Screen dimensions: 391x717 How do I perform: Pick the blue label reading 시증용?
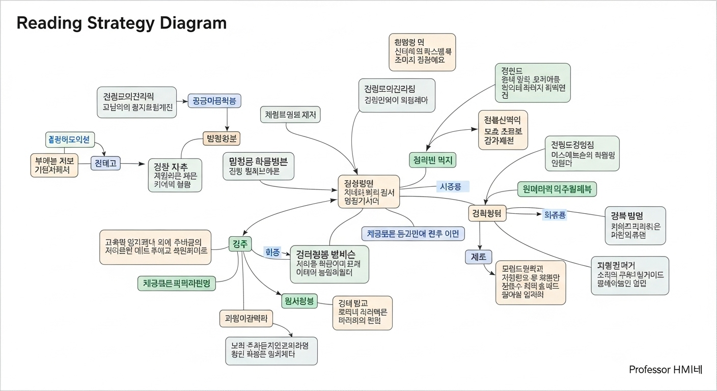click(x=451, y=187)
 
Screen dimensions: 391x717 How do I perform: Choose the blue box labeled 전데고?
click(x=105, y=163)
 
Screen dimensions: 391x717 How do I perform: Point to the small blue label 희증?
click(x=273, y=252)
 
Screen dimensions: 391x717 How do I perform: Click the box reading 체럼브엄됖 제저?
click(x=290, y=115)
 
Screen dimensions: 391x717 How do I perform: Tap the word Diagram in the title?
click(x=196, y=23)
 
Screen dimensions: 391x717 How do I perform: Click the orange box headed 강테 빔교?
click(x=362, y=312)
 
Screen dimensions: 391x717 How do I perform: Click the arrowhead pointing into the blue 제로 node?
click(x=479, y=248)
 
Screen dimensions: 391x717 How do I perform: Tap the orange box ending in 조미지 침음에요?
click(x=422, y=52)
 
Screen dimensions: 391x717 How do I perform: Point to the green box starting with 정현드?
click(x=533, y=83)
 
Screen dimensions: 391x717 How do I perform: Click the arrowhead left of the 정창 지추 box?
click(x=144, y=163)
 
